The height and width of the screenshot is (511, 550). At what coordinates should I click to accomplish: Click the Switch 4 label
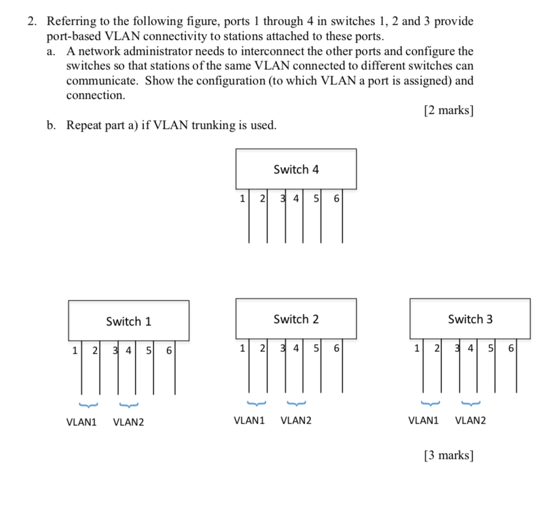click(x=296, y=169)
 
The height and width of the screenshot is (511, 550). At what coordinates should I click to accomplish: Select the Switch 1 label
click(x=128, y=321)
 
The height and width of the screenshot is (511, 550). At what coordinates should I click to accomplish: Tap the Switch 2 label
click(x=296, y=319)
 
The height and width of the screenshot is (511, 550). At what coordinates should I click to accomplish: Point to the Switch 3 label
click(x=470, y=319)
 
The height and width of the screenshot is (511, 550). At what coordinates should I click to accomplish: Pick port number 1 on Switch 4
click(x=241, y=199)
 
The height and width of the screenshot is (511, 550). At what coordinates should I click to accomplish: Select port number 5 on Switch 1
click(x=148, y=350)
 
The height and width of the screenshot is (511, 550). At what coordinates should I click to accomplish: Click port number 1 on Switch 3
click(x=416, y=349)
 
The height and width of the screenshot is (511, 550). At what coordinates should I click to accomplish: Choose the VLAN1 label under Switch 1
click(x=81, y=422)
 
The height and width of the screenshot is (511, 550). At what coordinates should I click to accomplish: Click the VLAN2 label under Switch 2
click(x=296, y=420)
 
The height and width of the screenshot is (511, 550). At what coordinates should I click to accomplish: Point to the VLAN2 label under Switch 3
click(x=470, y=420)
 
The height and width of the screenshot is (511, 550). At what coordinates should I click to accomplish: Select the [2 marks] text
click(x=448, y=110)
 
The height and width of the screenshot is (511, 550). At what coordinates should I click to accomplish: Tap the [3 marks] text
click(x=448, y=456)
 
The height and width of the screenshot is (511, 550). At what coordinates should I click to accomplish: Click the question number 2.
click(x=32, y=22)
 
